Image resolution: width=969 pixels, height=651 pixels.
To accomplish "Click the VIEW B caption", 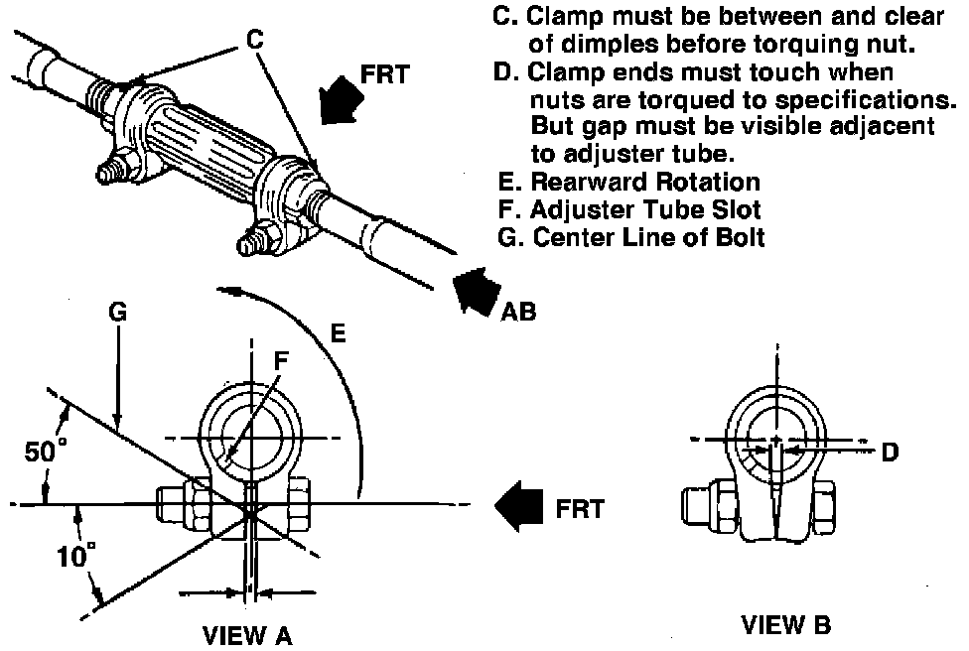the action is click(786, 625).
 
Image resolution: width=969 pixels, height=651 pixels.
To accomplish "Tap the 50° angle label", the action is click(45, 451).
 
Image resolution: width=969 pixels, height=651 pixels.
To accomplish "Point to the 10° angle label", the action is click(76, 556).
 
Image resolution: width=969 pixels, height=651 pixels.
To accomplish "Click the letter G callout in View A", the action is click(117, 312).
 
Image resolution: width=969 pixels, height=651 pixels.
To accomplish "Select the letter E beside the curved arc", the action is click(338, 333).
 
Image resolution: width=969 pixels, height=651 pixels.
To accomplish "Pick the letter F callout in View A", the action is click(281, 360).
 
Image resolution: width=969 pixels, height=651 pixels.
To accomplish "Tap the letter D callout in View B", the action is click(890, 453).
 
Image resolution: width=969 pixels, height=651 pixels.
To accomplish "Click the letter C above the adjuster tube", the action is click(254, 40).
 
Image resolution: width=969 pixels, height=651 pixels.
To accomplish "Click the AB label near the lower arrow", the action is click(518, 312).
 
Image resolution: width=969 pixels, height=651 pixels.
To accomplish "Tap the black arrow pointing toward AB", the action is click(476, 291).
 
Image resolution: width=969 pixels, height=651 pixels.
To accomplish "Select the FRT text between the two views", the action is click(579, 509).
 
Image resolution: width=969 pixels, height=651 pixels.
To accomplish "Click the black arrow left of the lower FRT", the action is click(518, 506).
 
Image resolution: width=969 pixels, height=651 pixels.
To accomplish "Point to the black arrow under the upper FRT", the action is click(342, 100).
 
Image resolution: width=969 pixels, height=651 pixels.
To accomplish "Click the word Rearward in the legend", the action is click(584, 183).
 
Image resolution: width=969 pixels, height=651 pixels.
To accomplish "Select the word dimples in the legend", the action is click(613, 45).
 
